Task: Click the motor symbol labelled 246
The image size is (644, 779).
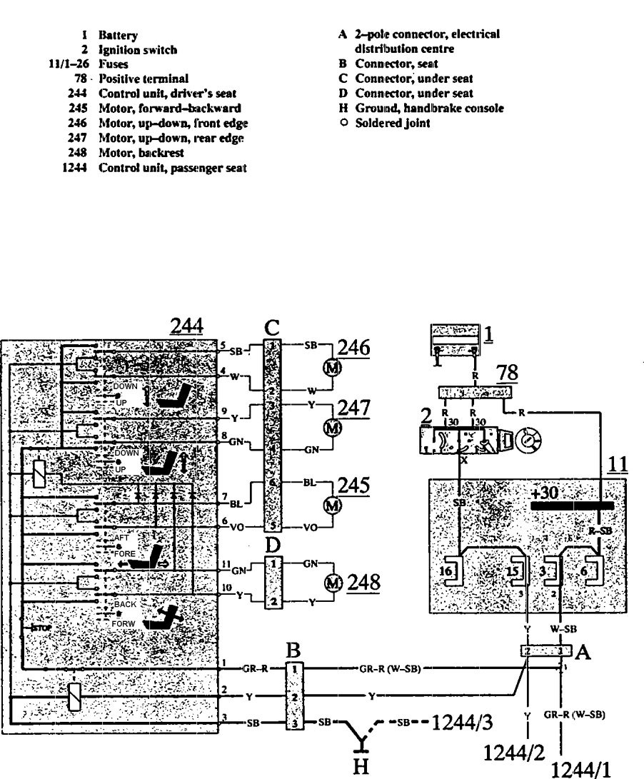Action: [331, 366]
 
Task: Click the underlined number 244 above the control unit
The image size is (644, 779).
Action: [186, 326]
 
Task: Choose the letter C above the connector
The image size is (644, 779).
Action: [271, 327]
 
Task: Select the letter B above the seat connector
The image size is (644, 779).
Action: [291, 650]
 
